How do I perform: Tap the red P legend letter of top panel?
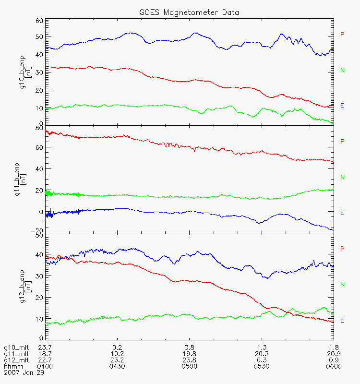coord(342,34)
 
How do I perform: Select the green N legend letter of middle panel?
coord(342,178)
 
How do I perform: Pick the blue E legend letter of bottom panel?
coord(342,320)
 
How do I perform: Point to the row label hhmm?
coord(13,366)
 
